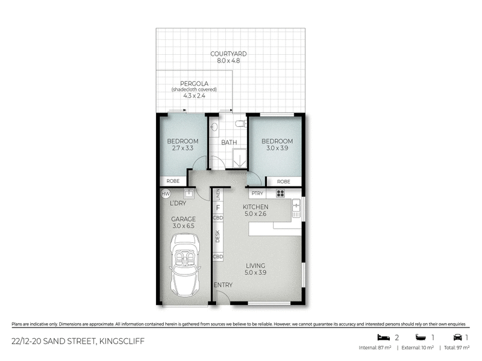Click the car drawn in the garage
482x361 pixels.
coord(186,264)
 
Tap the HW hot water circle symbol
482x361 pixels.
coord(166,193)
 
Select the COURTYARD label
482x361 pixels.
coord(228,54)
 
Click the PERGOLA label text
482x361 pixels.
coord(193,83)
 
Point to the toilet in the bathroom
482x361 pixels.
coord(240,123)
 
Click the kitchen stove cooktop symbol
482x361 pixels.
coord(280,193)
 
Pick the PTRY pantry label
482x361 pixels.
coord(257,194)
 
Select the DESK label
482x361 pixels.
coord(218,236)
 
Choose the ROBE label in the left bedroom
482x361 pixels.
coord(173,181)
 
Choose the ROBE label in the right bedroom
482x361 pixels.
coord(283,181)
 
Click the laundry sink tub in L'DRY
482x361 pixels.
coord(188,193)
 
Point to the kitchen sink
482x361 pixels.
coord(295,208)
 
